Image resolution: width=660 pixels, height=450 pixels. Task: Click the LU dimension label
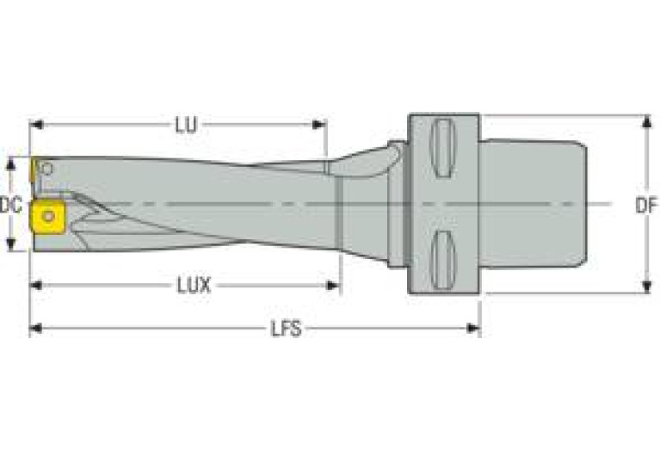[187, 126]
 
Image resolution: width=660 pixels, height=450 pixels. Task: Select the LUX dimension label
[194, 285]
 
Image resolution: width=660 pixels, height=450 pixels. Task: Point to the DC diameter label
[10, 205]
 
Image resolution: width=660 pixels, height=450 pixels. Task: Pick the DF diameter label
[646, 205]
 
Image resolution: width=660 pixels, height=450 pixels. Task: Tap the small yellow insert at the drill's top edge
[37, 170]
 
